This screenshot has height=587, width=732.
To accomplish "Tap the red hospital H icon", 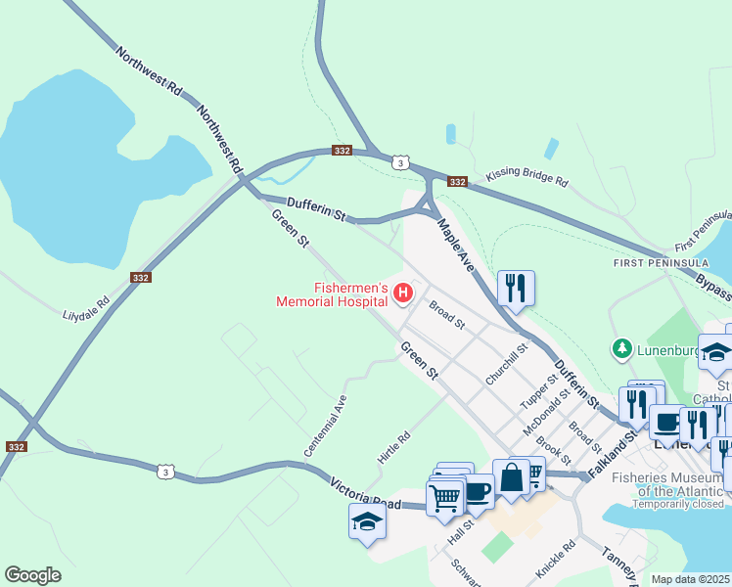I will (x=401, y=293).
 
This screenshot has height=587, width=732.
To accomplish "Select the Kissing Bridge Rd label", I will (x=527, y=181).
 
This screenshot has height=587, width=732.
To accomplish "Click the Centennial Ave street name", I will (x=326, y=426).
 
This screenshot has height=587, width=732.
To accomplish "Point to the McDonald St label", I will (x=546, y=413).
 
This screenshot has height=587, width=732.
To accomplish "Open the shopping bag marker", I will (x=511, y=477).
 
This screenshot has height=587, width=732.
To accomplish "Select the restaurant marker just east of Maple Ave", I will (x=516, y=288).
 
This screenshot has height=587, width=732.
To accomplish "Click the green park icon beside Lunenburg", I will (x=619, y=348).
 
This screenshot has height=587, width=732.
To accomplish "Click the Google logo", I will (x=33, y=575).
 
